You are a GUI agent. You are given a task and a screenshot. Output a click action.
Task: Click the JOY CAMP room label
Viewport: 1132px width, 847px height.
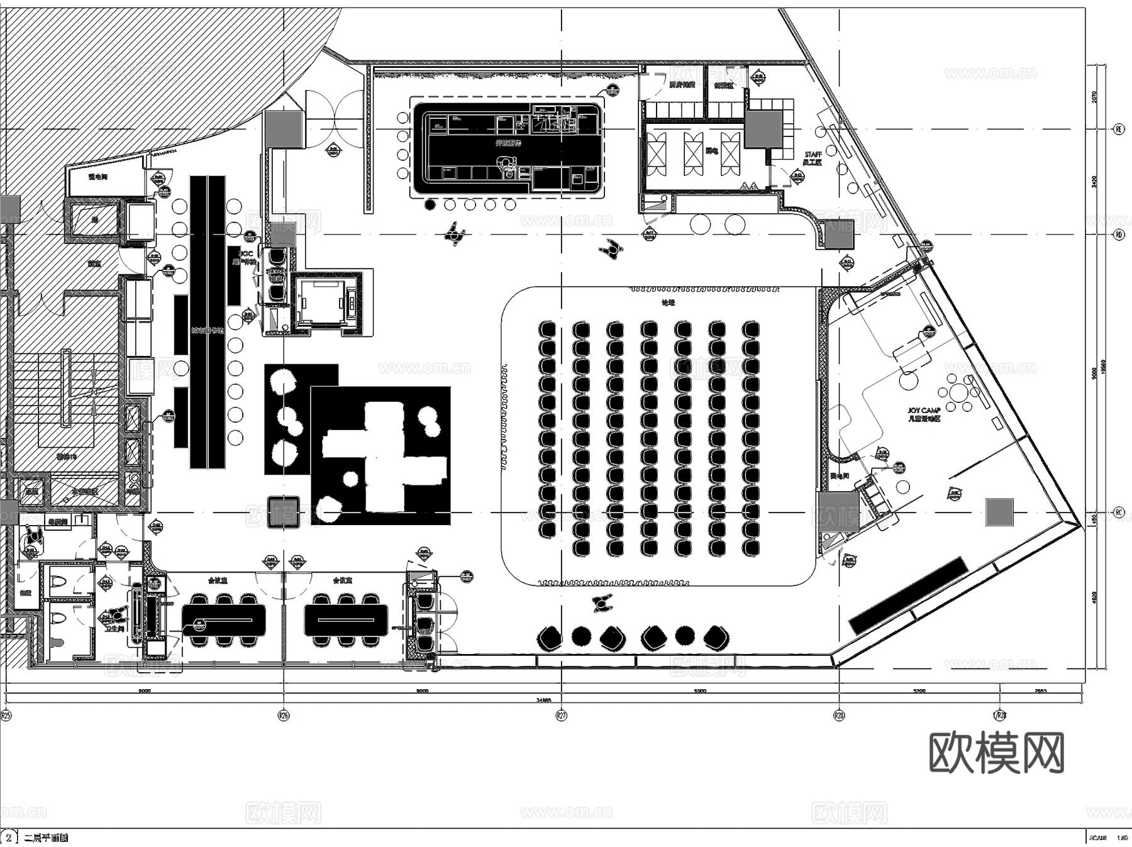pyautogui.click(x=923, y=410)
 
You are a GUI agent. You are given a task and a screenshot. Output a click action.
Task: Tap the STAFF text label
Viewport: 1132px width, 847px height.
pyautogui.click(x=813, y=154)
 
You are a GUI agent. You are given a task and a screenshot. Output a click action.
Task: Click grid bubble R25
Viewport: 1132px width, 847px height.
pyautogui.click(x=6, y=715)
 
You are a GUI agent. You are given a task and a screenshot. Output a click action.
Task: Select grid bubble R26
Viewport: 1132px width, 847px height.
pyautogui.click(x=284, y=715)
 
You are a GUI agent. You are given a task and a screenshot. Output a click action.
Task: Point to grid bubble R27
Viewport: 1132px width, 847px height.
pyautogui.click(x=561, y=715)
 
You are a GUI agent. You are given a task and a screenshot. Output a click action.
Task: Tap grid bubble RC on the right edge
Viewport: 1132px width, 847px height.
pyautogui.click(x=1118, y=512)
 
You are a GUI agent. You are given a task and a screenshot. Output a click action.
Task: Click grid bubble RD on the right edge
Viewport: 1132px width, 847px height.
pyautogui.click(x=1118, y=235)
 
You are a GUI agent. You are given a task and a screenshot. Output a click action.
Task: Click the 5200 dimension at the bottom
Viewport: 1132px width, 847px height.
pyautogui.click(x=919, y=690)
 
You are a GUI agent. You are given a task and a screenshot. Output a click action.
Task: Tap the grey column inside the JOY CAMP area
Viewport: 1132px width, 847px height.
pyautogui.click(x=999, y=512)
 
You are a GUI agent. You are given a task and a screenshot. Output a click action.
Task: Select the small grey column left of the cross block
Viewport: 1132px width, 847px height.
pyautogui.click(x=283, y=511)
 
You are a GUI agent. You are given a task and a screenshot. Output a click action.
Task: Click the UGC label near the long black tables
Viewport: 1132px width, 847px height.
pyautogui.click(x=246, y=253)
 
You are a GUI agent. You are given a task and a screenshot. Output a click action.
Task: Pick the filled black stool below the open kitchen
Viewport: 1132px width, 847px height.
pyautogui.click(x=430, y=204)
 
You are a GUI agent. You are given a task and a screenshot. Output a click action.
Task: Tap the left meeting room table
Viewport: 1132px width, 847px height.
pyautogui.click(x=223, y=619)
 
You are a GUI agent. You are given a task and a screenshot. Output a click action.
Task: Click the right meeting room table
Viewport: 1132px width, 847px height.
pyautogui.click(x=346, y=619)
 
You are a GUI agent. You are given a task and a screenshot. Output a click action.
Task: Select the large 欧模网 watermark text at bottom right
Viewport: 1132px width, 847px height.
pyautogui.click(x=996, y=752)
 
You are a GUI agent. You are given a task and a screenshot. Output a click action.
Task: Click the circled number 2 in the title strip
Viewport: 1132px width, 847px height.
pyautogui.click(x=9, y=838)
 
